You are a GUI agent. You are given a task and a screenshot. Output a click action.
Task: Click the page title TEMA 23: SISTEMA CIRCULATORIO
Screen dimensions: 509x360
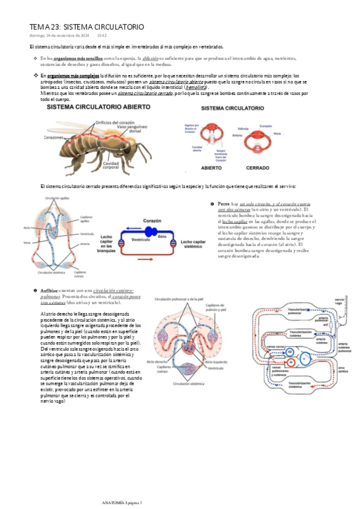(x=87, y=27)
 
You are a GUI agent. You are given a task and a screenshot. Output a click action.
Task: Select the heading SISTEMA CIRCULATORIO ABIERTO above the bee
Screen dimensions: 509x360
(x=94, y=107)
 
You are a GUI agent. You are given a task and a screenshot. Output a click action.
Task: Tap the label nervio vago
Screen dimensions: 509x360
(x=340, y=301)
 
